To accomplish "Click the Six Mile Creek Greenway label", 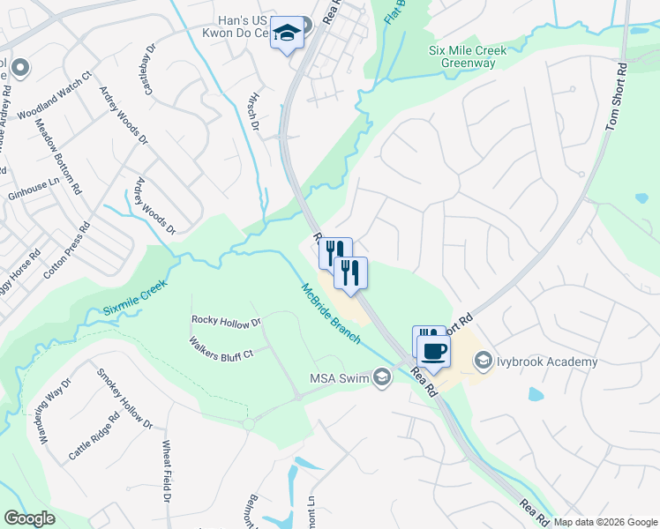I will tap(468, 57).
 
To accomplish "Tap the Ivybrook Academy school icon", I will tap(483, 361).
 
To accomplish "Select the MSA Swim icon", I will tap(381, 378).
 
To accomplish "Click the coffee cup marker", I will tap(433, 351).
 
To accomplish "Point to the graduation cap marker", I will tap(286, 33).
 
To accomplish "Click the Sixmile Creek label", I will tap(134, 299).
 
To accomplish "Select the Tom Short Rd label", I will tap(616, 97).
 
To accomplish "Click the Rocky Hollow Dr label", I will tap(227, 322).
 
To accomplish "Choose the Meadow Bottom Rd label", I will tap(58, 156).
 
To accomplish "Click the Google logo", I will tap(30, 518).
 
